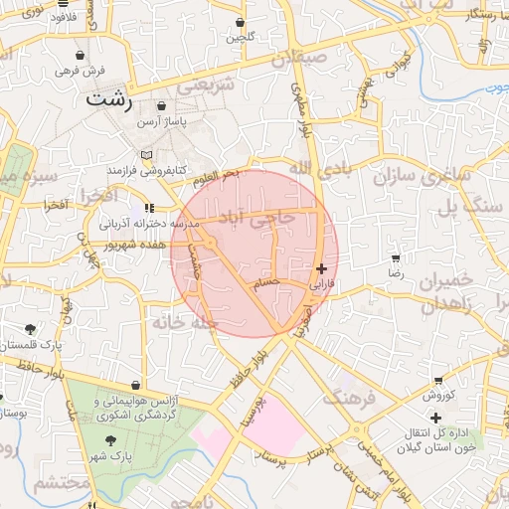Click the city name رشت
point(106,99)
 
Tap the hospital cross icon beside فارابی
point(320,268)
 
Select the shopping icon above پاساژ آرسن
point(162,105)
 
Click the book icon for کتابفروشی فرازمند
point(147,156)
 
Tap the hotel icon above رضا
point(396,257)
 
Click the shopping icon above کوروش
point(438,381)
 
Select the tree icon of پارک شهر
point(109,442)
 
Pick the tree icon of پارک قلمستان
point(30,329)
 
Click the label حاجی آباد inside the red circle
point(288,216)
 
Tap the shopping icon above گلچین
point(240,22)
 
